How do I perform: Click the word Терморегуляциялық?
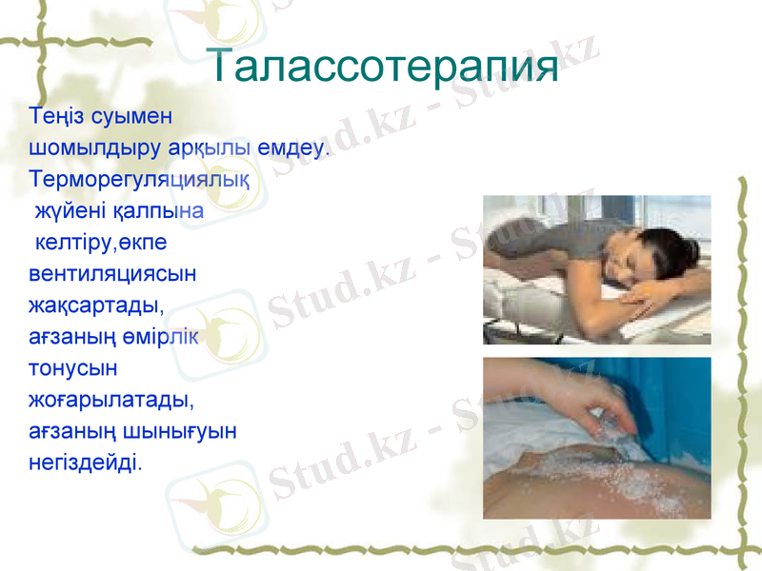click(139, 180)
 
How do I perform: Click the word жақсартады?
click(96, 305)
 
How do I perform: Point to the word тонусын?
click(73, 367)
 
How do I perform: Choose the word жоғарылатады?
click(111, 400)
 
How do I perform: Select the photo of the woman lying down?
click(596, 269)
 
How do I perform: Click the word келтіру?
click(74, 242)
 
